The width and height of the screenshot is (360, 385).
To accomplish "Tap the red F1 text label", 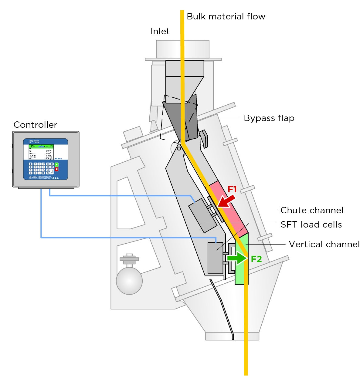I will (x=232, y=189).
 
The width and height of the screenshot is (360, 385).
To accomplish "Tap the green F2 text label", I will (x=256, y=259).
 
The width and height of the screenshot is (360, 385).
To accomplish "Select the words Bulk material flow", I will (x=226, y=16).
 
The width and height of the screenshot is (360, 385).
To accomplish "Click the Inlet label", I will (x=160, y=31).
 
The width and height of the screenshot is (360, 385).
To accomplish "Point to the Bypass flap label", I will (x=269, y=118).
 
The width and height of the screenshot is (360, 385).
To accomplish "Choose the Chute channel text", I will (x=312, y=210).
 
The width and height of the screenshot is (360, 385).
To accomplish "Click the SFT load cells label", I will (x=311, y=225).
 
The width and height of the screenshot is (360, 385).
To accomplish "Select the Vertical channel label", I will (x=324, y=244).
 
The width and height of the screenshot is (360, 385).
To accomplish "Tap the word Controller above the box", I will (x=36, y=125).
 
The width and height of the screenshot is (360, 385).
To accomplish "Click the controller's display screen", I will (x=41, y=152).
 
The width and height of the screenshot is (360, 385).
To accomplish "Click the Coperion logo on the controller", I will (x=34, y=141).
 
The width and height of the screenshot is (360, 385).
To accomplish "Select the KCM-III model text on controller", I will (x=58, y=158).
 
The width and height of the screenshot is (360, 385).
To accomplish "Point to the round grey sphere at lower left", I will (x=129, y=281).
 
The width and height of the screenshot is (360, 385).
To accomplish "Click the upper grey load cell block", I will (x=202, y=215).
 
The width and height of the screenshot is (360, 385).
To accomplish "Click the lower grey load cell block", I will (x=215, y=258).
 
